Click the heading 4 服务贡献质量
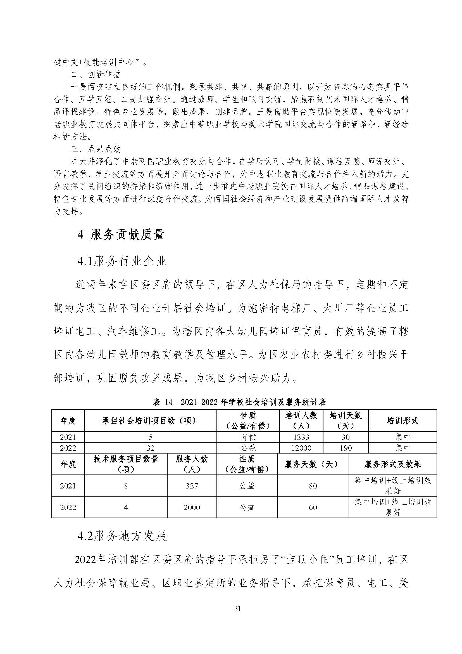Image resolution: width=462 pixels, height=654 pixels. (121, 235)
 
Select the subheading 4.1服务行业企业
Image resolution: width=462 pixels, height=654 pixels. (122, 261)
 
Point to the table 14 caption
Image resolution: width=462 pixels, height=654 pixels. (239, 402)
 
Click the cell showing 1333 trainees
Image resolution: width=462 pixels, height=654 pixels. (301, 437)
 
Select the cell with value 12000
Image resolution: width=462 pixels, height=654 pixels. (301, 448)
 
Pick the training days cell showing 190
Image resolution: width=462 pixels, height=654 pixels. (346, 448)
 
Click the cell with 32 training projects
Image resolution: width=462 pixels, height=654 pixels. (151, 448)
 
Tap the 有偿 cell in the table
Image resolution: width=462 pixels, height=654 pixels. (248, 437)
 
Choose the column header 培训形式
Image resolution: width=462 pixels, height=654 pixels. (402, 421)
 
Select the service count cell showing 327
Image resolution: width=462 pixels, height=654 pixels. (192, 486)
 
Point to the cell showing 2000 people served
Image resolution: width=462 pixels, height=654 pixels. (192, 507)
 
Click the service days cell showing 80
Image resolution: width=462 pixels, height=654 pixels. (313, 486)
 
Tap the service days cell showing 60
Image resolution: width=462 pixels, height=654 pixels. (313, 507)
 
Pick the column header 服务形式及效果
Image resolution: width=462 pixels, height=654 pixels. (392, 464)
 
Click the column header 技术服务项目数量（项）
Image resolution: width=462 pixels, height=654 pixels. (126, 464)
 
